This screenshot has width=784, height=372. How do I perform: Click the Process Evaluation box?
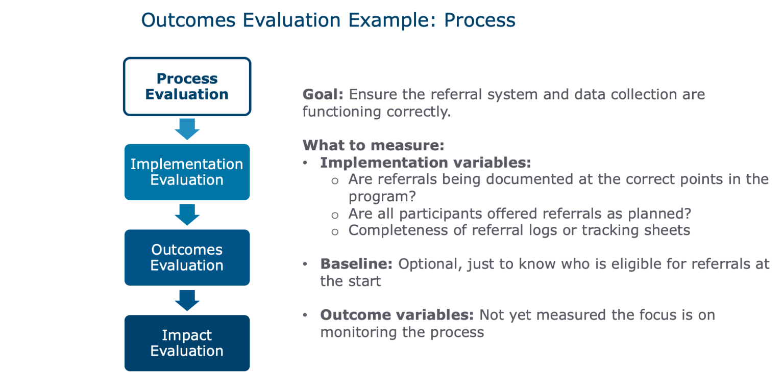click(187, 86)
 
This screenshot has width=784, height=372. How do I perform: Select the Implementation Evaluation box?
click(187, 172)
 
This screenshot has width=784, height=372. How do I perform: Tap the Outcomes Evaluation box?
click(187, 257)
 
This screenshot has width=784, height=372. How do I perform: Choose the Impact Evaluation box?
click(187, 343)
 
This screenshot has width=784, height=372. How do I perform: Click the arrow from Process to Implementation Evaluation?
click(187, 129)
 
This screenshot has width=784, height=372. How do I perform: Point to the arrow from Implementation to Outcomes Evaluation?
click(187, 215)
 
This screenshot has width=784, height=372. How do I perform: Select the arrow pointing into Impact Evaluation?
click(187, 300)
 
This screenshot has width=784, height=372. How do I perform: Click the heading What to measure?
click(373, 145)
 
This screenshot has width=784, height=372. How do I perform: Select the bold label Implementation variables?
click(425, 163)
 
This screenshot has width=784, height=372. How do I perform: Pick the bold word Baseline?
click(356, 264)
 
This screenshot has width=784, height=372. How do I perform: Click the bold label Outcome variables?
click(397, 315)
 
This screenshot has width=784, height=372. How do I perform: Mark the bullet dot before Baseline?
click(305, 264)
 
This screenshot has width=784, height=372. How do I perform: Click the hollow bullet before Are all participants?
click(335, 215)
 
